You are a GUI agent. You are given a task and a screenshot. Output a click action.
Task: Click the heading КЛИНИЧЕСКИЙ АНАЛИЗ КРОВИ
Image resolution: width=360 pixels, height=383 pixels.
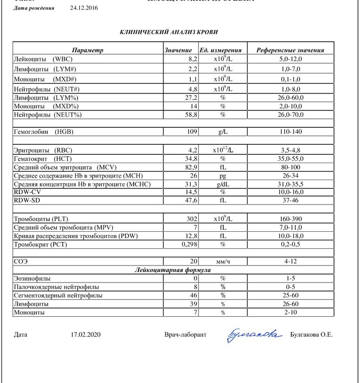169,32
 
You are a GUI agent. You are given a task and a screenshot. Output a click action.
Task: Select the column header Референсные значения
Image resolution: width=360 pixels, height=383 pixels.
290,50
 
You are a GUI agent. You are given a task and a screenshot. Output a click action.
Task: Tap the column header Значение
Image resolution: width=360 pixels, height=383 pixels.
179,50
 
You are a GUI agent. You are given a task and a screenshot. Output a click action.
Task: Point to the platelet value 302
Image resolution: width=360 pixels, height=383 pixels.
192,217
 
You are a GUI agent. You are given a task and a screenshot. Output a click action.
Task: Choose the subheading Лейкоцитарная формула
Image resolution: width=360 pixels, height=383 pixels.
173,270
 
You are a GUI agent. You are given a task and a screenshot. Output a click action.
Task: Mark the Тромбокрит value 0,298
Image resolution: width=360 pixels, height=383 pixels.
189,244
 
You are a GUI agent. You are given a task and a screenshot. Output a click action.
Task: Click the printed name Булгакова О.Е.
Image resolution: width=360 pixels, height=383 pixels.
312,335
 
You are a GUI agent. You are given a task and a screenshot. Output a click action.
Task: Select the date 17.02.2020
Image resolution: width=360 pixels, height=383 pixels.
86,335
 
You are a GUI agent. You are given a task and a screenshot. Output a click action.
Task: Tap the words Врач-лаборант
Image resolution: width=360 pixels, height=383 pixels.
185,335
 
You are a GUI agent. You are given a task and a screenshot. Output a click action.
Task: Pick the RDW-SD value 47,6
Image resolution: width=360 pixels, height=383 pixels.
191,200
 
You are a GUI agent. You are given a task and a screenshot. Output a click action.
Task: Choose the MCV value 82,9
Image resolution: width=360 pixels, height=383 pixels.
191,167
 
